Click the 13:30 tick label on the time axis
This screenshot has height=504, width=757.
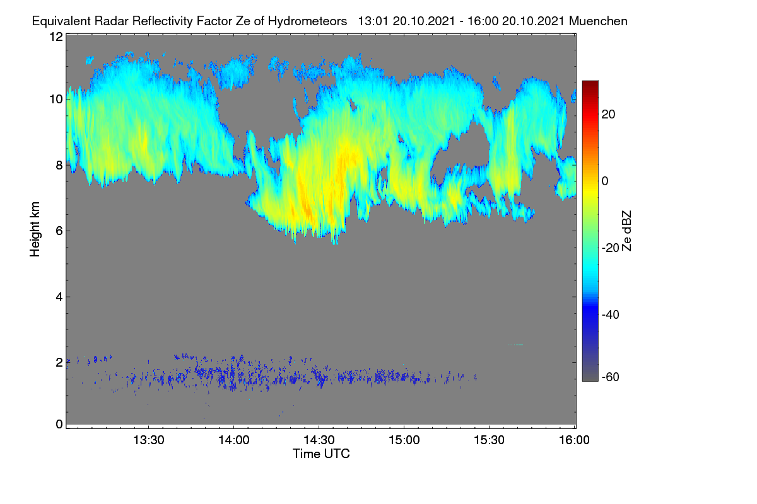point(149,440)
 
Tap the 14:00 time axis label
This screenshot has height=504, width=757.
point(234,440)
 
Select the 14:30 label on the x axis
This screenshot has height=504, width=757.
point(319,440)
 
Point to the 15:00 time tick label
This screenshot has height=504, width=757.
point(404,440)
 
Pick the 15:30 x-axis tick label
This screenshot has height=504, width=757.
point(489,440)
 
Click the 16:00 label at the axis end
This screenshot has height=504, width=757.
point(574,440)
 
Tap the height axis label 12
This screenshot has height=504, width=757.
point(56,37)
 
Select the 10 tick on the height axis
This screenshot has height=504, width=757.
point(56,100)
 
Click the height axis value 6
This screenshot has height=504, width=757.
point(59,231)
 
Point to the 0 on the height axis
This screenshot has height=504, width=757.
point(59,425)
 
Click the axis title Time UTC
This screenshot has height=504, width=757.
point(321,454)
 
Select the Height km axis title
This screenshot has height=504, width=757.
point(35,229)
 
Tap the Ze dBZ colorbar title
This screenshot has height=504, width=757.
point(626,231)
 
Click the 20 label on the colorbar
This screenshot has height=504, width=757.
point(608,115)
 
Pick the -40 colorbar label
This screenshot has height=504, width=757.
point(611,314)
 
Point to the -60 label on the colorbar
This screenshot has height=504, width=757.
point(611,377)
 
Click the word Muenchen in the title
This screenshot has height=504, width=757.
point(598,21)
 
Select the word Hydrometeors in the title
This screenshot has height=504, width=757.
point(307,21)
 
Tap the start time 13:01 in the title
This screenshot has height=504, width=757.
point(373,21)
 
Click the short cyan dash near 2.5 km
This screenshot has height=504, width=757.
point(515,345)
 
